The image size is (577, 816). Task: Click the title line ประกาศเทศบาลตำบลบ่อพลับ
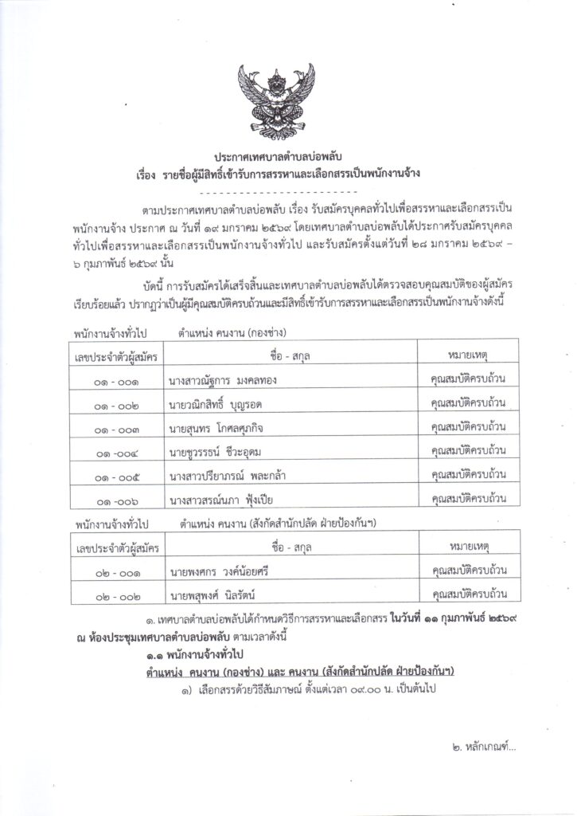click(288, 155)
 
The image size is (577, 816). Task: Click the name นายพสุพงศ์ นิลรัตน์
click(209, 594)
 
